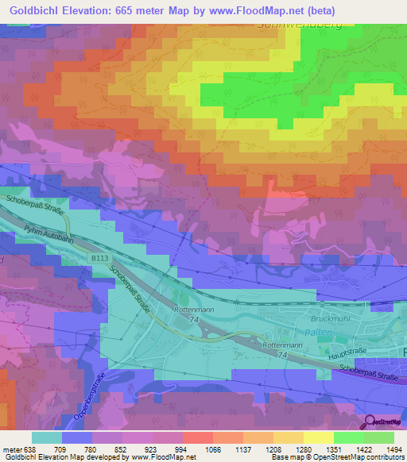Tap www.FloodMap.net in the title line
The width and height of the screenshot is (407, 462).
click(x=255, y=10)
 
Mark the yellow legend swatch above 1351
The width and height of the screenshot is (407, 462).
click(x=320, y=437)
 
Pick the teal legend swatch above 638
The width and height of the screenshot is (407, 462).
click(x=47, y=437)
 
